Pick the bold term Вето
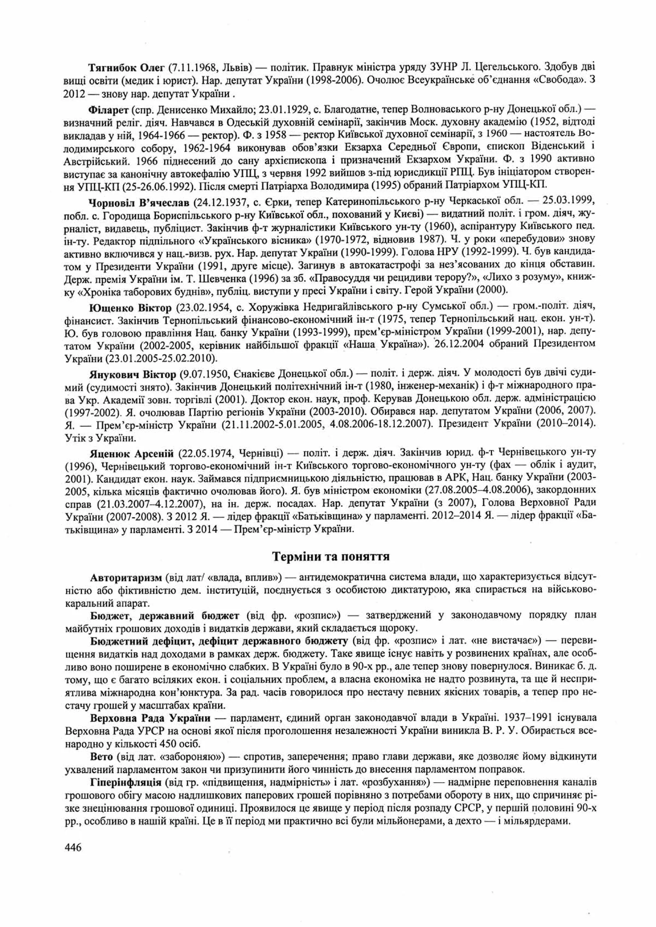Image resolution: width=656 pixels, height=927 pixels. (102, 756)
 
